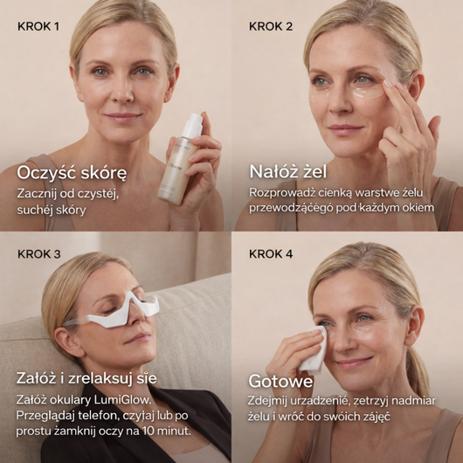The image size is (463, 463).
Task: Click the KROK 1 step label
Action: (x=38, y=26)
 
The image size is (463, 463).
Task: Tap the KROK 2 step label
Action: (x=271, y=26)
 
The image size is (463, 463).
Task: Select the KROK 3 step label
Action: (x=39, y=254)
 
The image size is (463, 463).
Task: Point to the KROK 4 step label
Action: (x=271, y=254)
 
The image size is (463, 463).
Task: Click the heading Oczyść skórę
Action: (x=72, y=173)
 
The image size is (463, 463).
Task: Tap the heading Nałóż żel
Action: (x=288, y=171)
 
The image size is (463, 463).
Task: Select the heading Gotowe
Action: (x=280, y=381)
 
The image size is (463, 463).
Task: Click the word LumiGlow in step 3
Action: (x=122, y=400)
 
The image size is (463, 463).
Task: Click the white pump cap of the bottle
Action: (x=192, y=125)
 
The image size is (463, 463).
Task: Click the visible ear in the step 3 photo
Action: (x=66, y=342)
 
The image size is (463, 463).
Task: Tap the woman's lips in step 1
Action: (x=123, y=117)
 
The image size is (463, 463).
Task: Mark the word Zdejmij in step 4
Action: (x=267, y=402)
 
